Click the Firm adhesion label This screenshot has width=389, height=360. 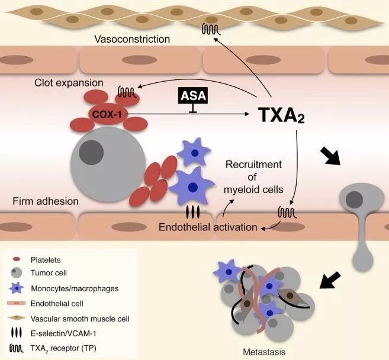[x=46, y=201]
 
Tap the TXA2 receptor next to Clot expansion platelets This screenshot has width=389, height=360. [x=126, y=92]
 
